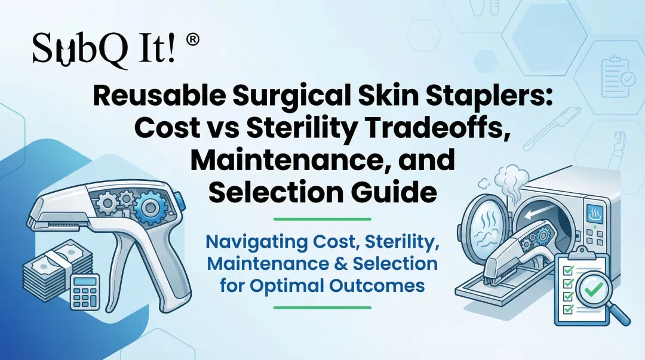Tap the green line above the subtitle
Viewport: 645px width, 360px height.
tap(322, 219)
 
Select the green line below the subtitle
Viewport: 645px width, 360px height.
tap(322, 307)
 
